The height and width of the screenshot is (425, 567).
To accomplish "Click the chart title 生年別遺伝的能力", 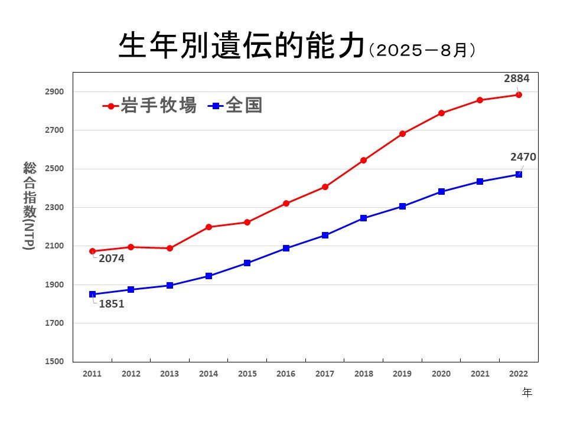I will (240, 47).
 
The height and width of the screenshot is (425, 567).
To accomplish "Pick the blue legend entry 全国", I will (235, 106).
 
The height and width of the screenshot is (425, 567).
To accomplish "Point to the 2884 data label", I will (517, 78).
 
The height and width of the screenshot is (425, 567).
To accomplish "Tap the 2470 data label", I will (523, 157).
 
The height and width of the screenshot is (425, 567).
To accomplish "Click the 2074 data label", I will (112, 258).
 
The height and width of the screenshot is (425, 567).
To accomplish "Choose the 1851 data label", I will (112, 305).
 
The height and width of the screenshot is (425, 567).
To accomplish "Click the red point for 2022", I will (519, 94).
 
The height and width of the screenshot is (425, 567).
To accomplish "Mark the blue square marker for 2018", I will (363, 218).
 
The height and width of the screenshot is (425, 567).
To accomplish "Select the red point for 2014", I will (208, 227).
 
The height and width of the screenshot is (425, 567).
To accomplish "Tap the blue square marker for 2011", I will (92, 294).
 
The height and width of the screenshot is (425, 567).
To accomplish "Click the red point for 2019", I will (402, 133).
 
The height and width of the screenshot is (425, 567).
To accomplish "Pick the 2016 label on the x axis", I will (286, 374).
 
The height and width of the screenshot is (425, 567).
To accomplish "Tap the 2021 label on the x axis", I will (480, 374).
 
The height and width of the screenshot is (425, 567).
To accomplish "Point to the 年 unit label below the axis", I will (527, 393).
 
